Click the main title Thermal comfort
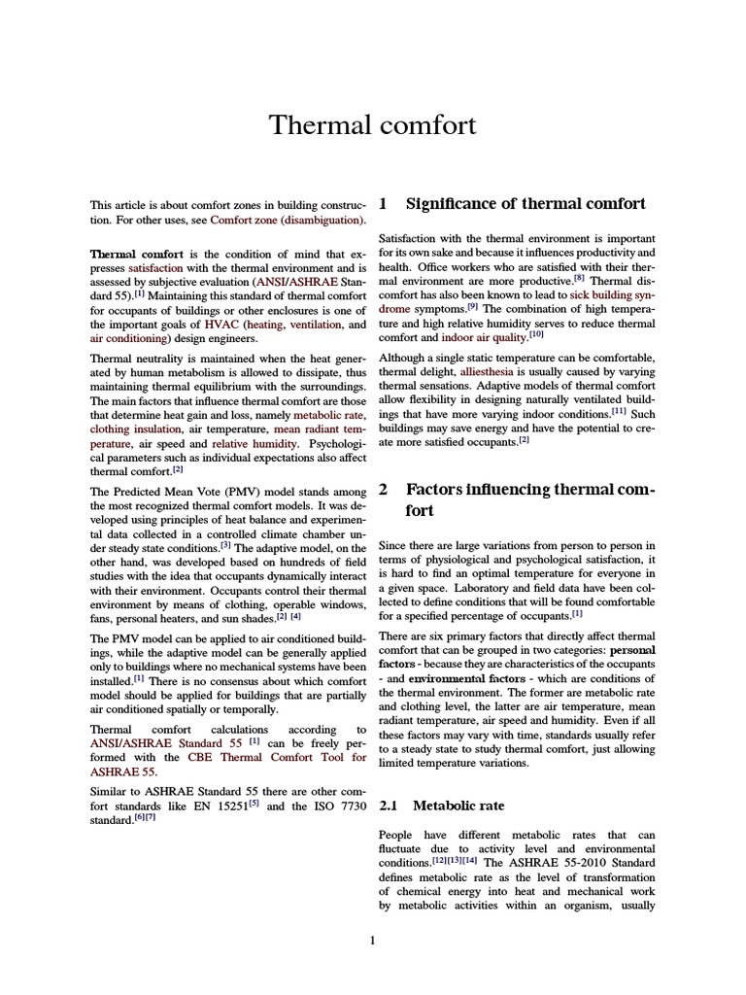(372, 125)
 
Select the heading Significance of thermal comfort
(525, 204)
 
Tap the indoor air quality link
(484, 337)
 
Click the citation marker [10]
(536, 335)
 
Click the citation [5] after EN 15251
(276, 803)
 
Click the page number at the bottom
(372, 940)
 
